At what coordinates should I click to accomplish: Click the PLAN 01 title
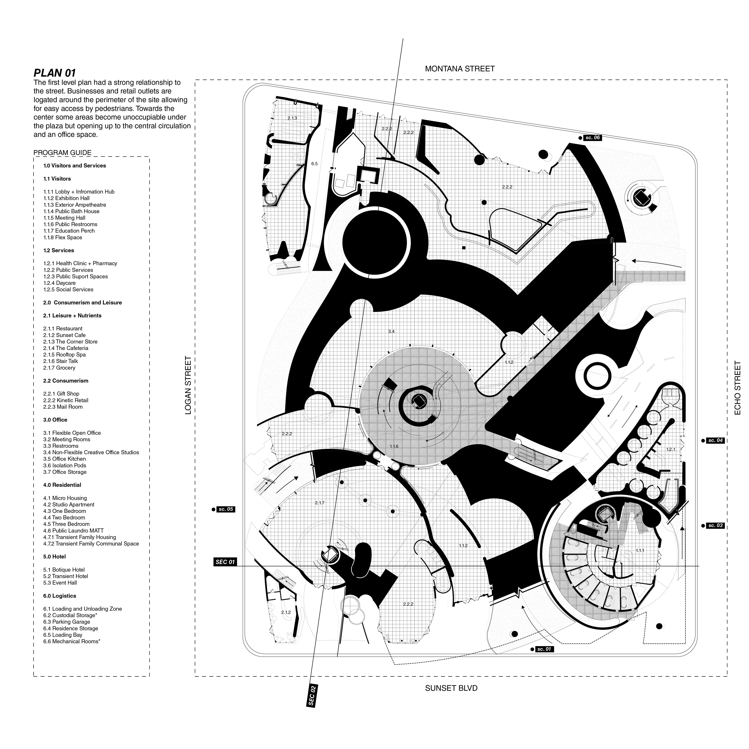[55, 73]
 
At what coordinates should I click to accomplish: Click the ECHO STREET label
[737, 388]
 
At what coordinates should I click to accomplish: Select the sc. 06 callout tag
[592, 138]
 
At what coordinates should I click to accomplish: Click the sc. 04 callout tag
[715, 440]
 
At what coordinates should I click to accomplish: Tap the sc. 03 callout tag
[715, 526]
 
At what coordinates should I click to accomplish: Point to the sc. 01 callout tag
[543, 649]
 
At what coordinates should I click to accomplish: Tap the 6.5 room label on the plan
[314, 164]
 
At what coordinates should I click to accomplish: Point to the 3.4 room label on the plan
[391, 331]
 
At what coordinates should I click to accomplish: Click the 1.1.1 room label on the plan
[640, 550]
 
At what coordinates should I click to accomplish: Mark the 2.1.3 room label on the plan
[292, 118]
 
